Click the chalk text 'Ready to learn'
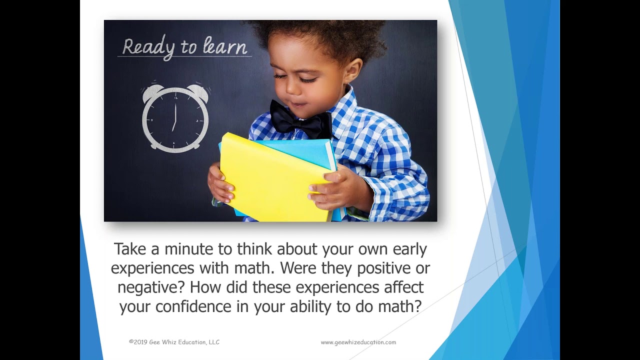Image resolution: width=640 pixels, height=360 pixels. pyautogui.click(x=184, y=47)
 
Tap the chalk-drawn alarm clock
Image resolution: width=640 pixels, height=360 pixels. pyautogui.click(x=175, y=118)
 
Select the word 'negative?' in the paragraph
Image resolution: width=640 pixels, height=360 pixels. pyautogui.click(x=151, y=287)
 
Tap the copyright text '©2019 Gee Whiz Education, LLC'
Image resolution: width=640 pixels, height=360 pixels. pyautogui.click(x=174, y=342)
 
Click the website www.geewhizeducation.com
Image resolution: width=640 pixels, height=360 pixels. pyautogui.click(x=358, y=342)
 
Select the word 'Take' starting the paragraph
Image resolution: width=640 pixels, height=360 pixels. pyautogui.click(x=131, y=249)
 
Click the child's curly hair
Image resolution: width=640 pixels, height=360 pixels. pyautogui.click(x=320, y=37)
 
